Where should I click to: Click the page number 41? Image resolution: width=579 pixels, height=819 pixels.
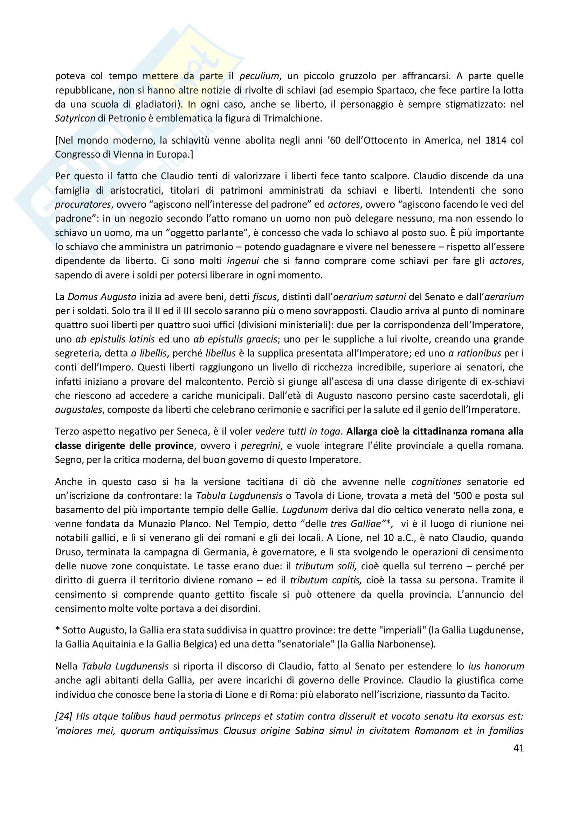(518, 748)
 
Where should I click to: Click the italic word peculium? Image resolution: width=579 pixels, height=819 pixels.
(259, 76)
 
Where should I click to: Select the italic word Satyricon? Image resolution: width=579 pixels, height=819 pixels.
(75, 118)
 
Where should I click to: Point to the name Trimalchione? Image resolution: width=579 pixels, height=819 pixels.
(292, 118)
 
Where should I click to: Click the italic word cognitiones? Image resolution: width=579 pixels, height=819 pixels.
(436, 482)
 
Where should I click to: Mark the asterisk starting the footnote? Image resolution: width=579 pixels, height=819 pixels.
(57, 630)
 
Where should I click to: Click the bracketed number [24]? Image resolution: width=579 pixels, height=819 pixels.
(63, 716)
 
